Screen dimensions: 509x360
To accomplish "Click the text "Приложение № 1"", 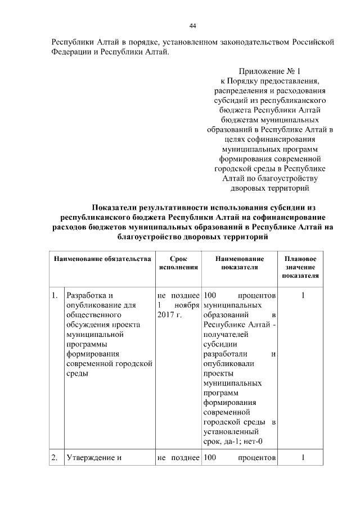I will pyautogui.click(x=269, y=71).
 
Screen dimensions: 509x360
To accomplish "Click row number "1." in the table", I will pyautogui.click(x=55, y=295).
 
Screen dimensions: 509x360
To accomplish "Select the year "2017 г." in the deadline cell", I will pyautogui.click(x=169, y=316).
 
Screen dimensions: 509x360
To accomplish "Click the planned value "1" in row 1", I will pyautogui.click(x=302, y=295).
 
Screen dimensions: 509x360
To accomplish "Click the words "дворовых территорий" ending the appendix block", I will pyautogui.click(x=269, y=189).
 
